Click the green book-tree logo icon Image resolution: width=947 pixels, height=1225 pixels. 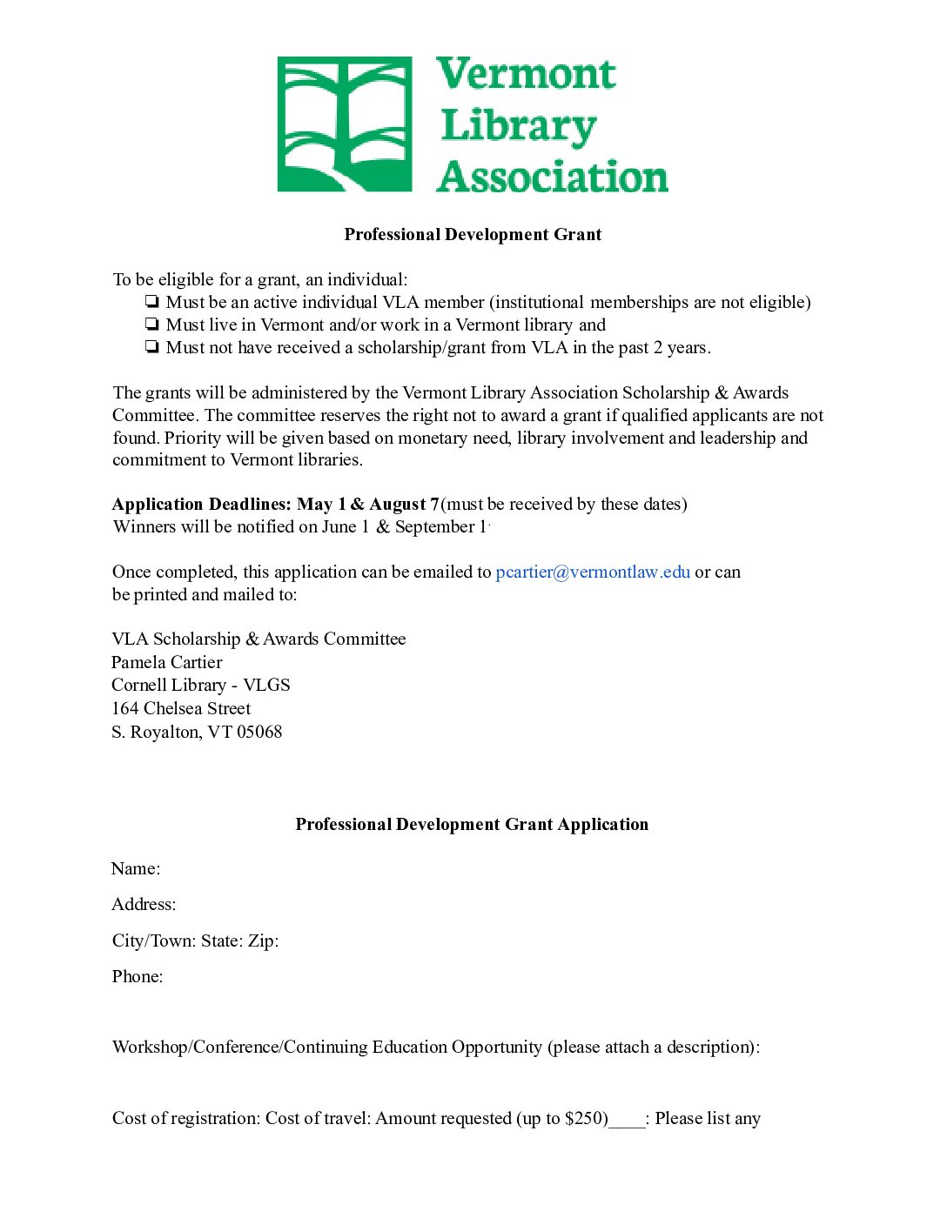[344, 124]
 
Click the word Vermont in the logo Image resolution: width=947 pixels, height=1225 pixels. [527, 74]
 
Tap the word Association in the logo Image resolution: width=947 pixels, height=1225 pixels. [553, 177]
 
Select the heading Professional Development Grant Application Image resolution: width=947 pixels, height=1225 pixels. [472, 824]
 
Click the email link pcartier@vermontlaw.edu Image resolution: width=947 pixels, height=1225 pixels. [593, 572]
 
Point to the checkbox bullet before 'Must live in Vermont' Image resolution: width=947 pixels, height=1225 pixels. [152, 325]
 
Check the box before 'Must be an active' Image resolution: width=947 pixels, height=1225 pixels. [152, 302]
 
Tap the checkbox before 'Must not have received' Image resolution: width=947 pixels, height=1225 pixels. [152, 347]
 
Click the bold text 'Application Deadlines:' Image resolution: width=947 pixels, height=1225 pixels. [202, 504]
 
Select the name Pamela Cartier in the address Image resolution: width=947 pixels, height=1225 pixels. [167, 662]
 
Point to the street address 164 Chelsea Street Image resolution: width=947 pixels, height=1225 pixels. [181, 708]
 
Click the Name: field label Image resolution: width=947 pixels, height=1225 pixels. [136, 868]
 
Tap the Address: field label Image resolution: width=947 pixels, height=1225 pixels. [144, 904]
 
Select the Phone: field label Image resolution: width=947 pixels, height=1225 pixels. [138, 976]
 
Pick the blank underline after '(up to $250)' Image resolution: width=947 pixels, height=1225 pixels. [627, 1123]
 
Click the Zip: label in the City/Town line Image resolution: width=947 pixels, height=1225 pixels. [263, 941]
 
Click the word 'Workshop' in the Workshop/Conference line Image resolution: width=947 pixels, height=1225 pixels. [151, 1047]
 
